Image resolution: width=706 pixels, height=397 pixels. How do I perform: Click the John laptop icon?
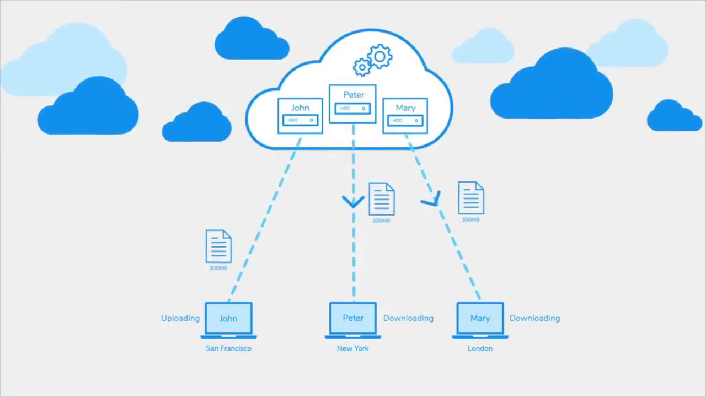[228, 319]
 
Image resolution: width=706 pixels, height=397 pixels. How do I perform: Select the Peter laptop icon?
[353, 319]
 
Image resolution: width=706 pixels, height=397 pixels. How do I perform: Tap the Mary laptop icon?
[480, 319]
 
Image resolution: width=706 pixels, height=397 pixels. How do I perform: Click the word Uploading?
[180, 318]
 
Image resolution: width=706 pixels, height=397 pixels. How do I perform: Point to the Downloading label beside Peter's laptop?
[408, 318]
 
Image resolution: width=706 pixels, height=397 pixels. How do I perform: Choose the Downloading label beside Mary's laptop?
[534, 318]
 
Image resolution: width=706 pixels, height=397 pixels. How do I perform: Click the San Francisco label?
[228, 348]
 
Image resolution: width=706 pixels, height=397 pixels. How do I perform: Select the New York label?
[353, 348]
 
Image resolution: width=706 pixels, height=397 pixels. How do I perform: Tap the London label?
[480, 348]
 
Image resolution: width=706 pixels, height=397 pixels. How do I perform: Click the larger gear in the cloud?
[379, 57]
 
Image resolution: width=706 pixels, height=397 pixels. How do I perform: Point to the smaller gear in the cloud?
[362, 67]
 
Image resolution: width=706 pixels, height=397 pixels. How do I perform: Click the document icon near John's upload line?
[218, 246]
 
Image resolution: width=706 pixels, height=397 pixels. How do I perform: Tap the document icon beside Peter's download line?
[381, 199]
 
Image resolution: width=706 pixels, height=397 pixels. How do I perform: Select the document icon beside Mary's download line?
[471, 198]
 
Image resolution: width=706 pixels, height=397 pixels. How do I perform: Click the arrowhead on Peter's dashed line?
[353, 202]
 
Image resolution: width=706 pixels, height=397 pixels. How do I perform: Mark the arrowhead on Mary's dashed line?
[432, 201]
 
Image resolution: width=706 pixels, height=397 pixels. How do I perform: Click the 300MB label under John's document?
[218, 269]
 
